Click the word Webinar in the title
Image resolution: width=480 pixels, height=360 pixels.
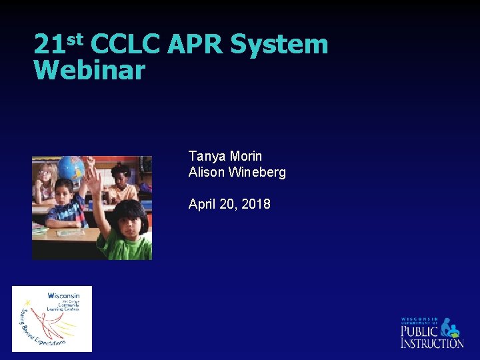[x=89, y=70]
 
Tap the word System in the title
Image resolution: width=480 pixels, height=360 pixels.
[x=279, y=45]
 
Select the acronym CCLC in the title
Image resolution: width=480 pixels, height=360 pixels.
[x=124, y=45]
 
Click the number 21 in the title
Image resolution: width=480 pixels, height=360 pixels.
[x=48, y=45]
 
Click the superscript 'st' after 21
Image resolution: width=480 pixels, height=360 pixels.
[x=74, y=38]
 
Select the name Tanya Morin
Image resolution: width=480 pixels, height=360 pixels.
[x=225, y=156]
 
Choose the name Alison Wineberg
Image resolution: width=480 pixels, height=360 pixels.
[x=237, y=172]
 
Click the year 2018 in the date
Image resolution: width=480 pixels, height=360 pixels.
[x=256, y=204]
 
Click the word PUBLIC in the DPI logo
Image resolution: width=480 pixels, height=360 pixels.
[x=419, y=331]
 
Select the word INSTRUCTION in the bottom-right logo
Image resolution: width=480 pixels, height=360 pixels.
[x=432, y=343]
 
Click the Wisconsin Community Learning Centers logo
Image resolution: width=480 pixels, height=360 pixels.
[x=52, y=319]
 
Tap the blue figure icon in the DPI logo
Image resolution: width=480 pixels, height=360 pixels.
[x=450, y=327]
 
